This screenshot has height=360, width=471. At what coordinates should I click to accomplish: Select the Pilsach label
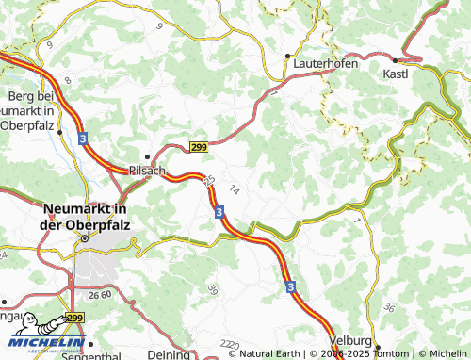(146, 172)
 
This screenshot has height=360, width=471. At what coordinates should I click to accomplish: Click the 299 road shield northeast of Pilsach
(198, 147)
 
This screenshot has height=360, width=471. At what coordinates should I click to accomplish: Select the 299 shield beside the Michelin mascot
(75, 319)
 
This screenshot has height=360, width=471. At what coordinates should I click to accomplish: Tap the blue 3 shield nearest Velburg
(291, 286)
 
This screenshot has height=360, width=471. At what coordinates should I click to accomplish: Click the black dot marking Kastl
(395, 59)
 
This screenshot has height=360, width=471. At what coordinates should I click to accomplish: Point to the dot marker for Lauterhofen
(287, 56)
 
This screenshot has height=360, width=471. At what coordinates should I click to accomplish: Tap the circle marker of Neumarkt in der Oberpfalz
(84, 238)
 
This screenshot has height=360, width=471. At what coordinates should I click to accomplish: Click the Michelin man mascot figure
(28, 329)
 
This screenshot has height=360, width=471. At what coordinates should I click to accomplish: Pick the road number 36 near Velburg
(389, 307)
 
